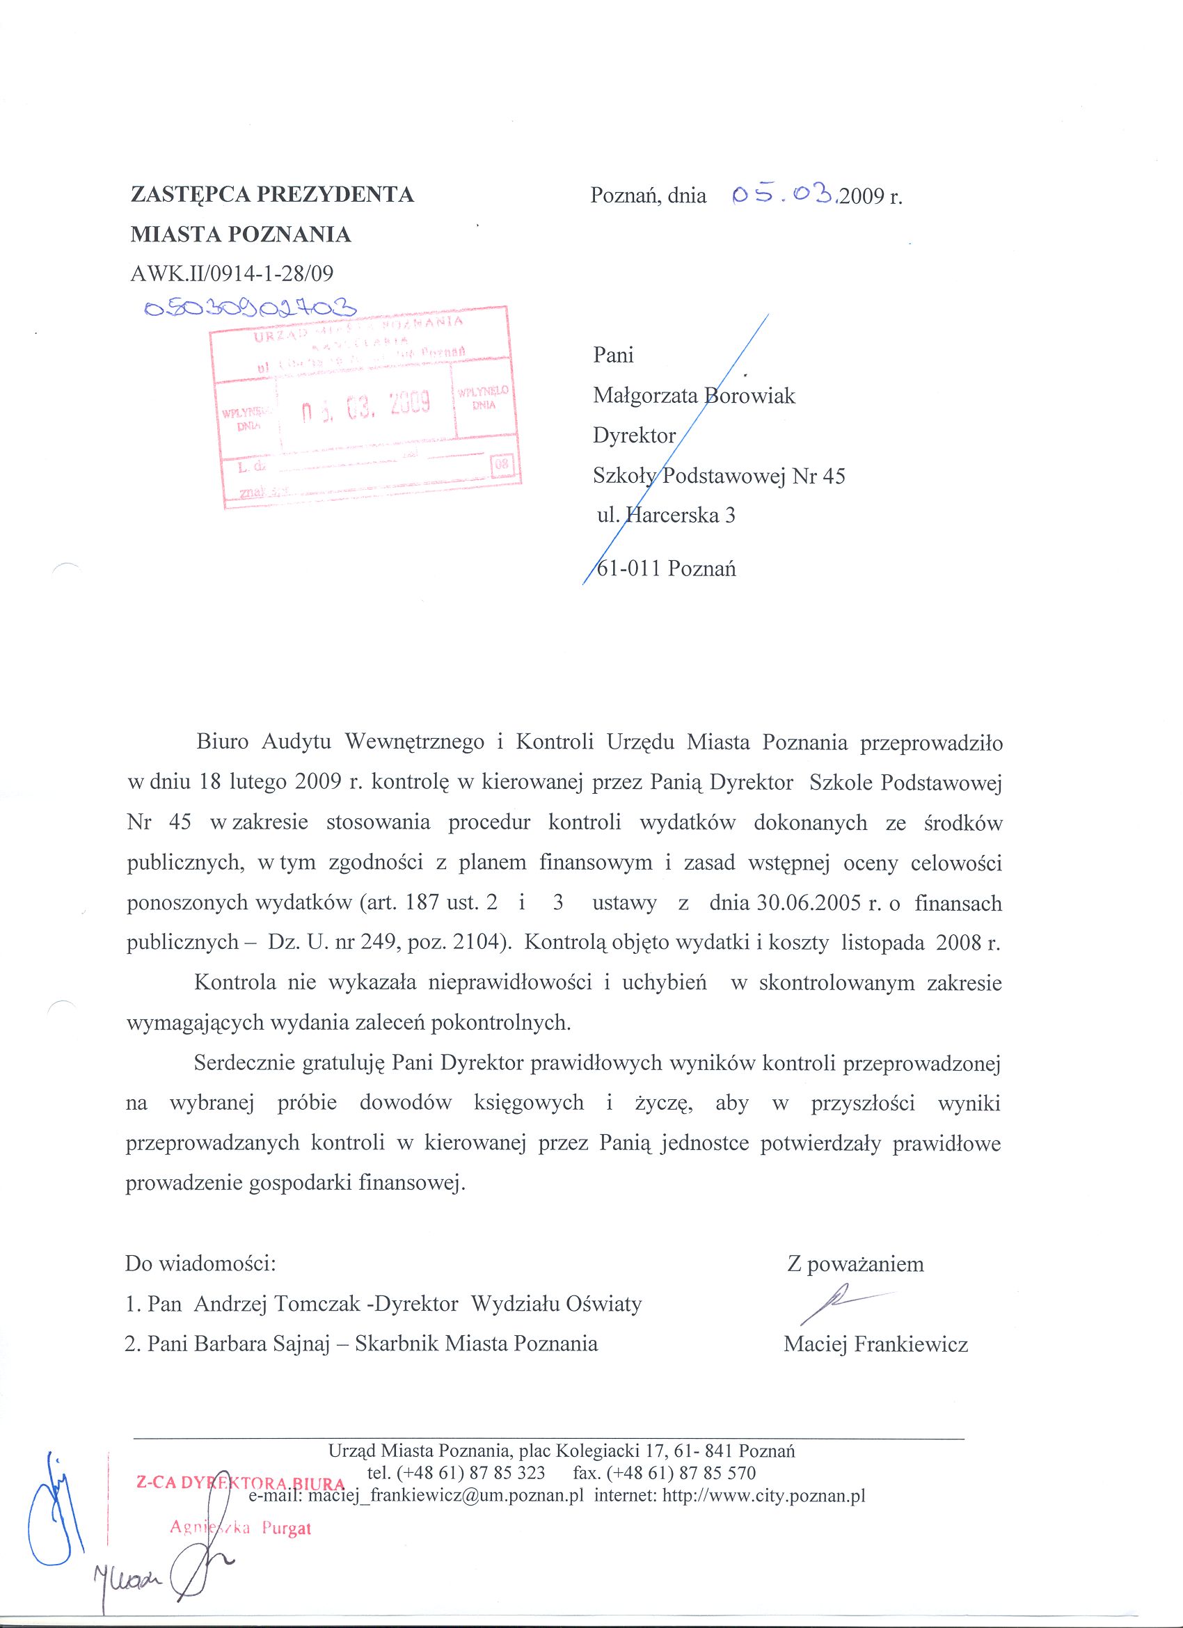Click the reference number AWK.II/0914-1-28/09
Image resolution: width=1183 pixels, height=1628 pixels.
[231, 273]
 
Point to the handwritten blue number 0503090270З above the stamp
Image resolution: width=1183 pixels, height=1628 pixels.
[251, 309]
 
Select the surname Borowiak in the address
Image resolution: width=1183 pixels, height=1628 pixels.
[750, 395]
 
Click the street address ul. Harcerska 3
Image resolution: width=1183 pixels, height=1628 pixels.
[666, 516]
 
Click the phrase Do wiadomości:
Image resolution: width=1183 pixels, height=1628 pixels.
[200, 1263]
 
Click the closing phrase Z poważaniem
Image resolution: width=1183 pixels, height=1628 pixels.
[855, 1264]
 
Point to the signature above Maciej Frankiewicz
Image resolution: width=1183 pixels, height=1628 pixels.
[840, 1305]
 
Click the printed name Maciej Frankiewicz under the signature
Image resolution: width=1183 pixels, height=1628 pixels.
[875, 1344]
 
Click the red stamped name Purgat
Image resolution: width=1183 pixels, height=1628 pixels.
[287, 1529]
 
